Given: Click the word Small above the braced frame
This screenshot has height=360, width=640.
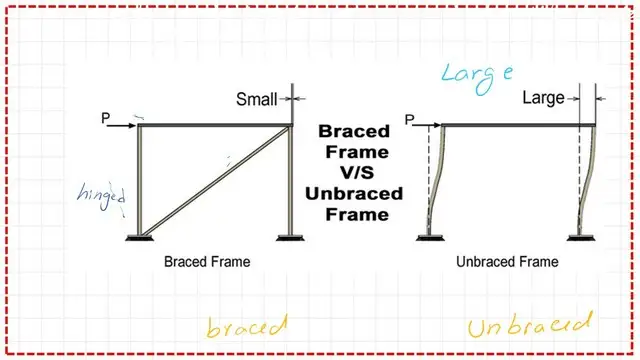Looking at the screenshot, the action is [256, 99].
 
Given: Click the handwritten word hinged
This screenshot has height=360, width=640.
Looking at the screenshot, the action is [107, 196].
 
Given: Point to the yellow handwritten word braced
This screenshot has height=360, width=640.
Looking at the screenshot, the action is [246, 327].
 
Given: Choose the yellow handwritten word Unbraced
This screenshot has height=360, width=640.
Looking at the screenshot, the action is [529, 327].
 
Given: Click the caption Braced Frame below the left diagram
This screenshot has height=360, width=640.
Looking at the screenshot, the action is [207, 262].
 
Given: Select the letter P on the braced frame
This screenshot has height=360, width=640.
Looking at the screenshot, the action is [106, 119].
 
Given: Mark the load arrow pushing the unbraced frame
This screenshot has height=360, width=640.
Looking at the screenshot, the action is [425, 125].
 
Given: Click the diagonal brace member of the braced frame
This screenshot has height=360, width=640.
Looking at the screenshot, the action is [215, 180].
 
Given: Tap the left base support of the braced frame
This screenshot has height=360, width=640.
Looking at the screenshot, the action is [139, 237].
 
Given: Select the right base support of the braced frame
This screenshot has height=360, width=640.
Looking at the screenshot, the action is [290, 237].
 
